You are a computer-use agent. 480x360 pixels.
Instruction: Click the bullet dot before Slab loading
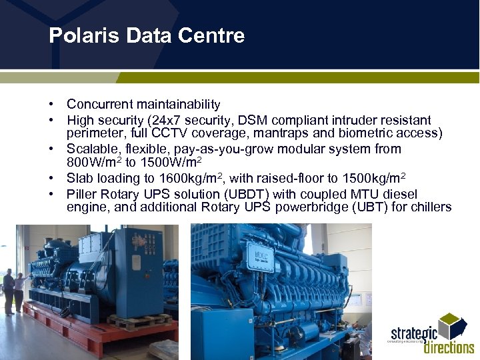click(51, 178)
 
